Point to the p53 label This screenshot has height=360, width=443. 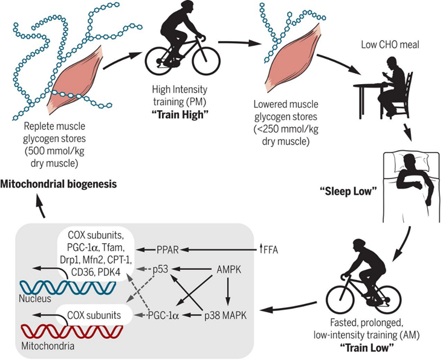coord(160,268)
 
